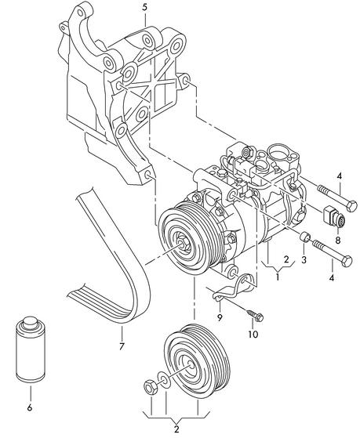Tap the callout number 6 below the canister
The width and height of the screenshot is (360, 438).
point(30,407)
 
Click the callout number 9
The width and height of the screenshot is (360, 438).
point(220,317)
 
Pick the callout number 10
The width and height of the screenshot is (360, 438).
point(253,334)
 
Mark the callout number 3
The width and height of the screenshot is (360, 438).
point(304,260)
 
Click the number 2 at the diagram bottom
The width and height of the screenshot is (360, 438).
point(175,429)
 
